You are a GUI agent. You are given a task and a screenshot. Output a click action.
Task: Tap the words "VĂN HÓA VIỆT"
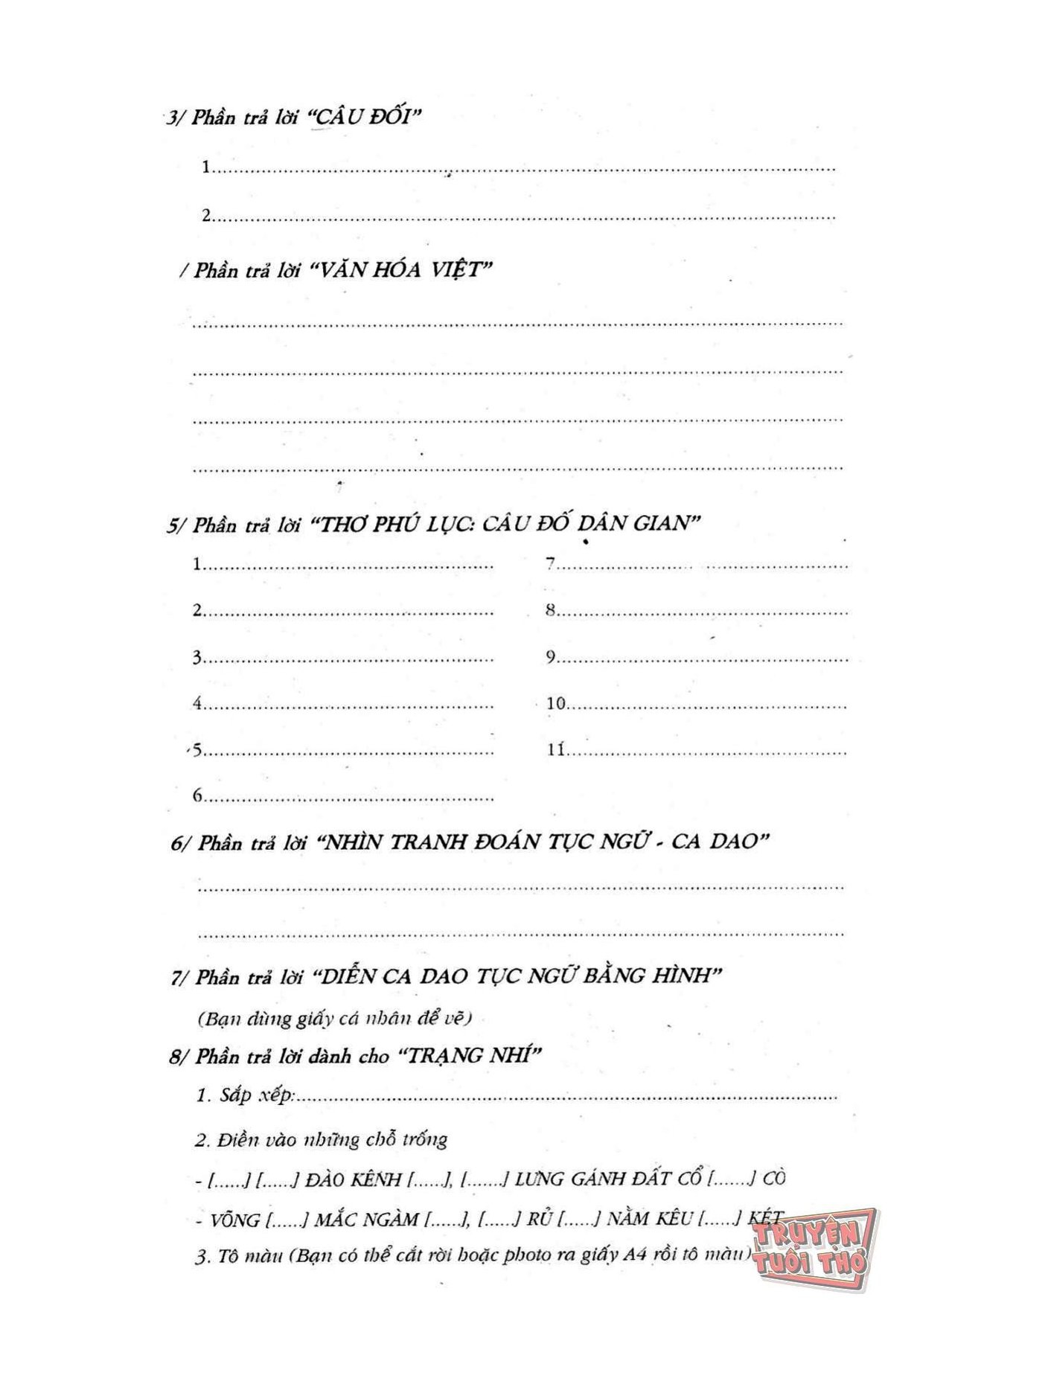pyautogui.click(x=402, y=269)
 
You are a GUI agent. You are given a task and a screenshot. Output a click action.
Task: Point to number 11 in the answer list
pyautogui.click(x=556, y=749)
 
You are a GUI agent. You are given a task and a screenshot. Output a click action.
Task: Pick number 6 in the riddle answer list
pyautogui.click(x=198, y=795)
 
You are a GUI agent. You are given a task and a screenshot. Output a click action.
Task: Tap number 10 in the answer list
pyautogui.click(x=556, y=703)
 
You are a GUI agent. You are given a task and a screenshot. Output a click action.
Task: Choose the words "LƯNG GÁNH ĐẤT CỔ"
pyautogui.click(x=607, y=1179)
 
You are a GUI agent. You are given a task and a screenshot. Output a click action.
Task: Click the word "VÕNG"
pyautogui.click(x=234, y=1220)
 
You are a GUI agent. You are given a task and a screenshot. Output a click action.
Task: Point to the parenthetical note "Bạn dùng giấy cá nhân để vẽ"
pyautogui.click(x=335, y=1019)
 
